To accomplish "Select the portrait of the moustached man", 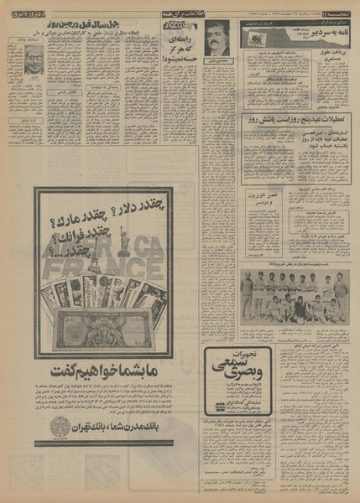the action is coord(217,39).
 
